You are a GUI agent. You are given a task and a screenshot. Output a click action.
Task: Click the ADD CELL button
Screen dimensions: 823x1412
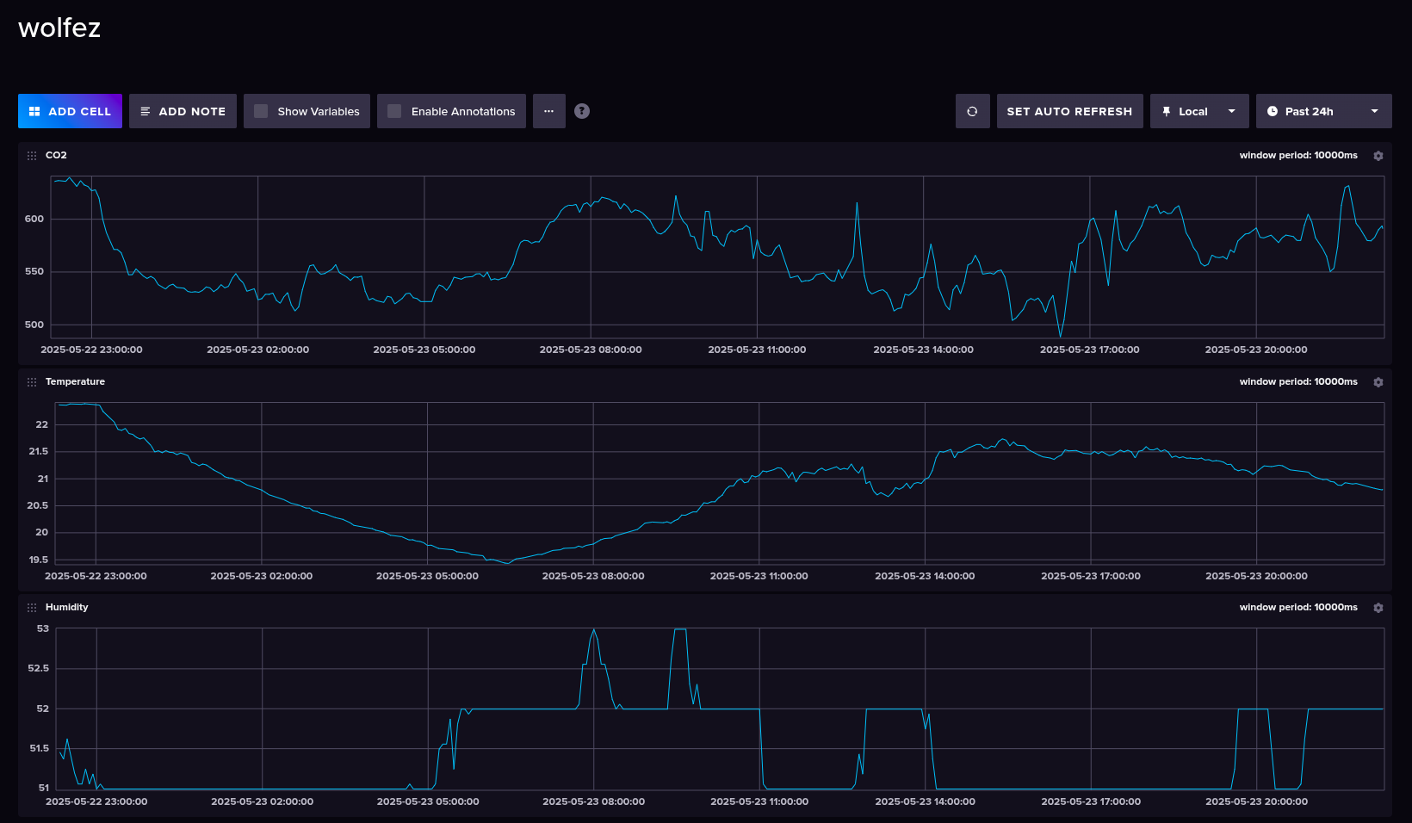click(x=70, y=111)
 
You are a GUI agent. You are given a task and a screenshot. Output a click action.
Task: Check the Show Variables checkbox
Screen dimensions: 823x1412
click(x=261, y=111)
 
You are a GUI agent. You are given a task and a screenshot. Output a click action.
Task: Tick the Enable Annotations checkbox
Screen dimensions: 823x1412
click(x=394, y=111)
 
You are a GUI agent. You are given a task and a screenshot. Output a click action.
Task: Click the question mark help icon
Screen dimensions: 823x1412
click(x=582, y=111)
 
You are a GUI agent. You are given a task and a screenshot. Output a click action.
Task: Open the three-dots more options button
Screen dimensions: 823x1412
click(x=548, y=111)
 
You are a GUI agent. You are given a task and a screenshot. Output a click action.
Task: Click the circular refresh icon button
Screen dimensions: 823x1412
click(x=972, y=111)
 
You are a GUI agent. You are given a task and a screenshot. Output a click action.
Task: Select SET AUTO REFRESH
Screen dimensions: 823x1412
click(x=1069, y=111)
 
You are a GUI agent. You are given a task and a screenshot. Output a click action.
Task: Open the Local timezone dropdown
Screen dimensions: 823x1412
click(x=1198, y=111)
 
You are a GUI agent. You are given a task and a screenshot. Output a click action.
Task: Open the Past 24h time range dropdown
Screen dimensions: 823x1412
click(x=1323, y=111)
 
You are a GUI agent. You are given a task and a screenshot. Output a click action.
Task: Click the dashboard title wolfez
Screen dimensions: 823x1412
click(x=59, y=28)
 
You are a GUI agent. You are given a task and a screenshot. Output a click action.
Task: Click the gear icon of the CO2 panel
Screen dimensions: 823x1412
click(x=1378, y=156)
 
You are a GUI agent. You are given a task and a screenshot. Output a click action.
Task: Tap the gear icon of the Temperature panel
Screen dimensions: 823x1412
click(x=1378, y=382)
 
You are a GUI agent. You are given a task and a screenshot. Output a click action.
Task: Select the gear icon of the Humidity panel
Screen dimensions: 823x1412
click(x=1378, y=608)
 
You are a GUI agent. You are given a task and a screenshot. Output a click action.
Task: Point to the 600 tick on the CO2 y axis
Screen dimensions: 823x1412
click(x=34, y=219)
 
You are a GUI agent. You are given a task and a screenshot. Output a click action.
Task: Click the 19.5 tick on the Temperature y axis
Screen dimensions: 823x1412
click(x=39, y=560)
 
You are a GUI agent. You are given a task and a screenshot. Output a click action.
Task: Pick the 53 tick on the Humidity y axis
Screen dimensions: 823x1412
click(x=43, y=628)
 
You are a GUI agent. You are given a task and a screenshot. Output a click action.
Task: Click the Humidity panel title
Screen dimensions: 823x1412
click(x=66, y=607)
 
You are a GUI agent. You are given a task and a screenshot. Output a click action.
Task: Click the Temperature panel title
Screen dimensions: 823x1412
click(x=75, y=381)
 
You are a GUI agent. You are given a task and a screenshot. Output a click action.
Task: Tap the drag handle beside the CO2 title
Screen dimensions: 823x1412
click(x=32, y=156)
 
